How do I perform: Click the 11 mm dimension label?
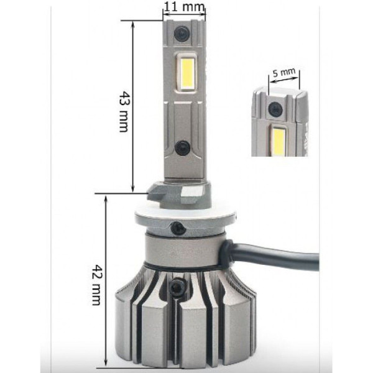pos(184,7)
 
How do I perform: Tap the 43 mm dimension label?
pos(124,111)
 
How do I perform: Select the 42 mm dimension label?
pos(97,285)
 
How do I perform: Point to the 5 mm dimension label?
pos(284,72)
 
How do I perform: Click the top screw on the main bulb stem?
pos(182,34)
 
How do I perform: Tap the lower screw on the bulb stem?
pos(182,148)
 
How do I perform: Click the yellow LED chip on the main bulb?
pos(187,73)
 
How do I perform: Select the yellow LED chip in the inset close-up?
pos(278,140)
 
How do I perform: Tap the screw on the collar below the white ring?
pos(178,228)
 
